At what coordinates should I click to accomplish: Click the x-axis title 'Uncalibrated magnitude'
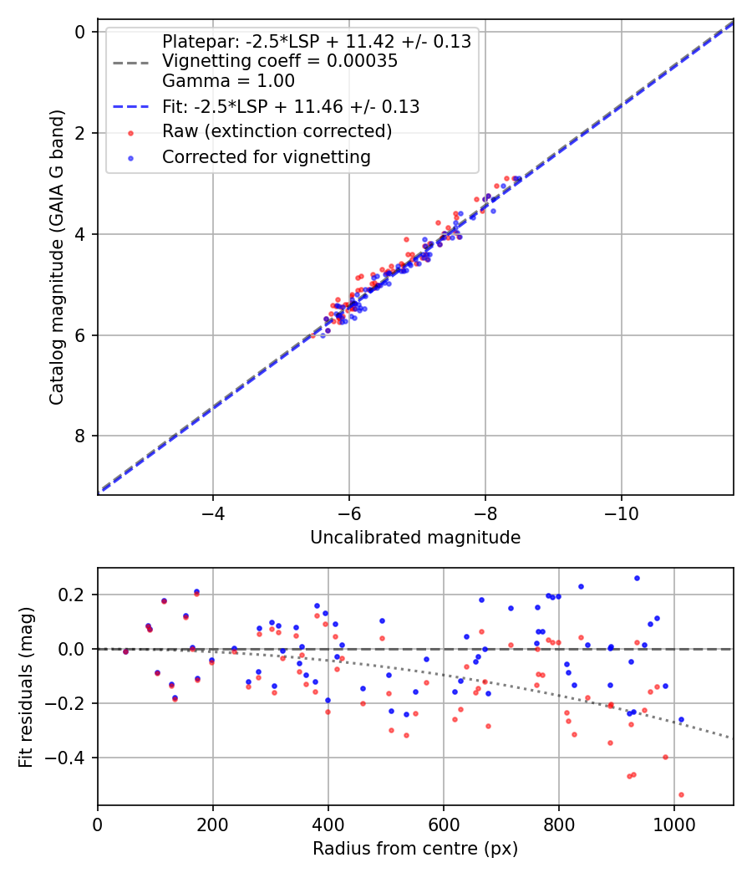[415, 538]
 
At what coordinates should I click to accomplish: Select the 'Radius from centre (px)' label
[415, 849]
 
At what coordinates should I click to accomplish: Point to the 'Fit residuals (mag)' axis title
[26, 687]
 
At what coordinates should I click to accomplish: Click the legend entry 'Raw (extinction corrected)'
[277, 131]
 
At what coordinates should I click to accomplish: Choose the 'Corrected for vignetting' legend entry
[267, 156]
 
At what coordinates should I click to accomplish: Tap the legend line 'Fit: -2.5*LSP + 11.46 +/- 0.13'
[291, 107]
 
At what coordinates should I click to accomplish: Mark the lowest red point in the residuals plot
[681, 794]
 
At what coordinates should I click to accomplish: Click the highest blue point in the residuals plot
[637, 578]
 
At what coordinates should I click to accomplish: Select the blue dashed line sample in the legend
[130, 107]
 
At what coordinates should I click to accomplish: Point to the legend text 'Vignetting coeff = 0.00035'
[280, 61]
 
